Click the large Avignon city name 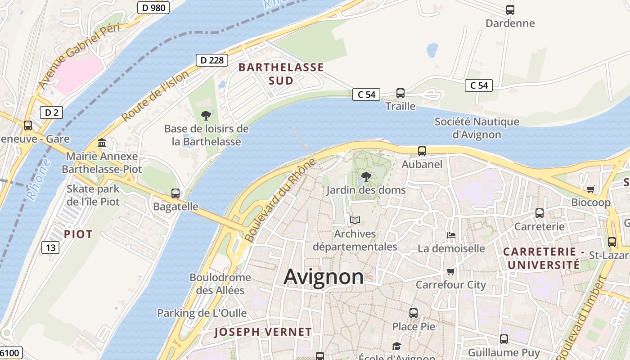(x=324, y=276)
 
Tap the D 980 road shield (x=153, y=8)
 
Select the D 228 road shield (x=211, y=60)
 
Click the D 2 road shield (x=51, y=112)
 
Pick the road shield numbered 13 (x=51, y=247)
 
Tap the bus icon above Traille (x=400, y=93)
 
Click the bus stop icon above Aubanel (x=422, y=151)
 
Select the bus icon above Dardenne (x=510, y=10)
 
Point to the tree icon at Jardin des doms (x=366, y=177)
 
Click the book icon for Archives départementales (x=355, y=220)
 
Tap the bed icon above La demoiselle (x=451, y=235)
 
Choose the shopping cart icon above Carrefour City (x=451, y=271)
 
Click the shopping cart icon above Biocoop (x=590, y=189)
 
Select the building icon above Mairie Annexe (x=102, y=143)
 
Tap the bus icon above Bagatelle (x=175, y=193)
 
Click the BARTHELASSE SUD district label (x=281, y=74)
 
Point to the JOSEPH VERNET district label (x=263, y=332)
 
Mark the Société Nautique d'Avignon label (x=477, y=128)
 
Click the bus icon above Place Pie (x=414, y=313)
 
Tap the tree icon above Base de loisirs (x=206, y=116)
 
